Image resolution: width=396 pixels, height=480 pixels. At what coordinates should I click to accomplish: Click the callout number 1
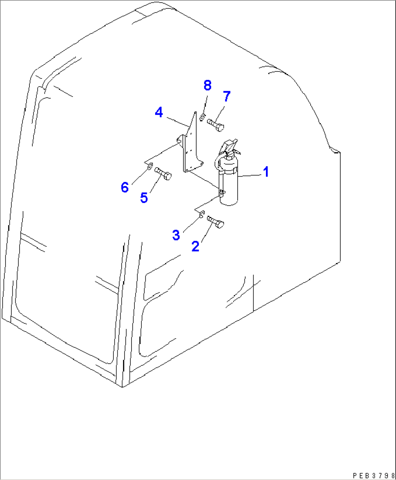[x=266, y=172]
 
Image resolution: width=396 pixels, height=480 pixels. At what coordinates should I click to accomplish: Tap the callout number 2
[x=195, y=246]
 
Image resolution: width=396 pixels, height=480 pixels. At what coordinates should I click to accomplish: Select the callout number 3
[x=176, y=235]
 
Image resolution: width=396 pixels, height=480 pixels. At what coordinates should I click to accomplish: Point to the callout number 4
[x=159, y=112]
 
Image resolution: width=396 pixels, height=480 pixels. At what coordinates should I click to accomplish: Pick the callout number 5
[x=144, y=198]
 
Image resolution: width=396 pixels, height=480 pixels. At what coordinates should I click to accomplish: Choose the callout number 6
[x=125, y=187]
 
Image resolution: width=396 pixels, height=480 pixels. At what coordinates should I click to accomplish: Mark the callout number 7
[x=227, y=97]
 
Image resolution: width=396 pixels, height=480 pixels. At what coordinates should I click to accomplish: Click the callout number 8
[x=207, y=85]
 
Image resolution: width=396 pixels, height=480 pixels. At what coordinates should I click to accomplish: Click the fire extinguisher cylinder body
[x=229, y=185]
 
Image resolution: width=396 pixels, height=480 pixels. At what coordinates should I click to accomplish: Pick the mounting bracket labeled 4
[x=189, y=149]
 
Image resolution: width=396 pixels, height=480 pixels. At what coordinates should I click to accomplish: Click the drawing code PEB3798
[x=373, y=475]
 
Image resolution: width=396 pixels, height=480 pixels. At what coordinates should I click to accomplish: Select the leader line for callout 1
[x=251, y=176]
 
